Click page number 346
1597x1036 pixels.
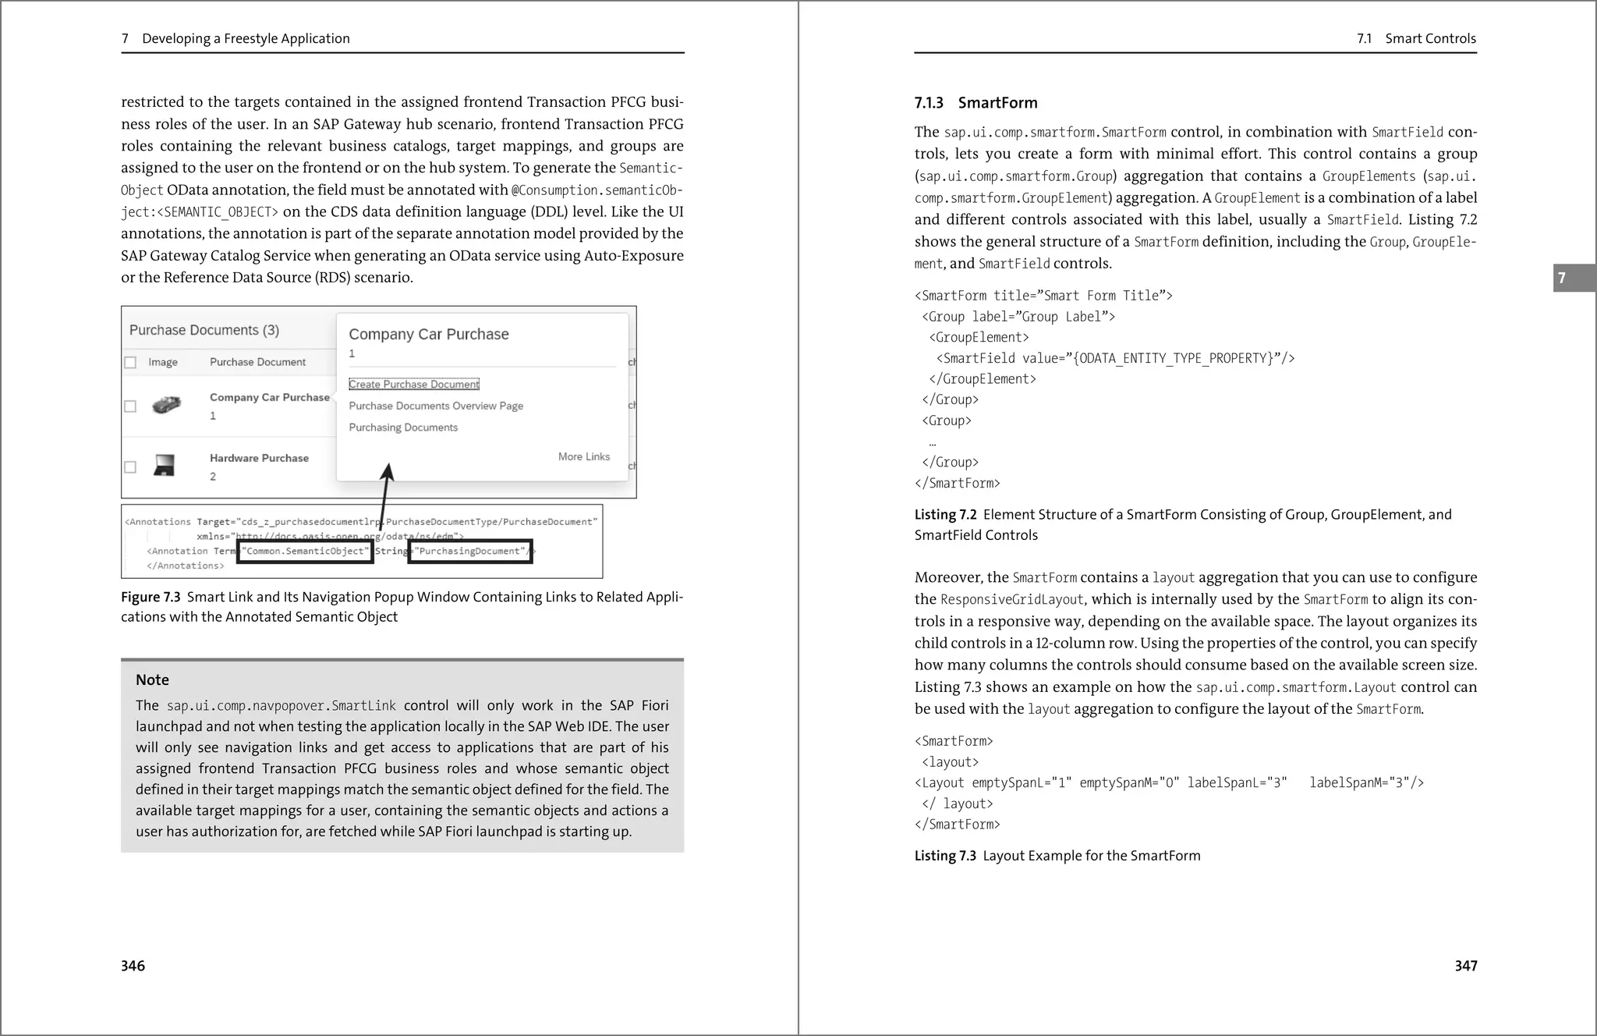pyautogui.click(x=133, y=966)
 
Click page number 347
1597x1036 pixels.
pyautogui.click(x=1465, y=966)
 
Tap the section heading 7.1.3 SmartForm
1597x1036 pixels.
pyautogui.click(x=976, y=103)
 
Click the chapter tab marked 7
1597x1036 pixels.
pyautogui.click(x=1572, y=278)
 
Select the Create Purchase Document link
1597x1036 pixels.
pyautogui.click(x=413, y=385)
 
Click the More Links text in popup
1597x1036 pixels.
pyautogui.click(x=583, y=457)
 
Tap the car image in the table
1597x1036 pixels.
pyautogui.click(x=166, y=405)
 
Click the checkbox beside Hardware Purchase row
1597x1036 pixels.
pyautogui.click(x=130, y=467)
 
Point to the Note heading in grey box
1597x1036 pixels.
pyautogui.click(x=152, y=680)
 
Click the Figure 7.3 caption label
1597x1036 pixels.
pyautogui.click(x=150, y=598)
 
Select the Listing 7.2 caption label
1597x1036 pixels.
pyautogui.click(x=945, y=515)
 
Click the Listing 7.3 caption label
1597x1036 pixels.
pyautogui.click(x=945, y=856)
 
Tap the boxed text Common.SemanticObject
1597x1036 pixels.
pyautogui.click(x=306, y=552)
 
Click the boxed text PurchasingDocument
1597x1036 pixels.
pyautogui.click(x=469, y=552)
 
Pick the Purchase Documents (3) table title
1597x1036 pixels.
pyautogui.click(x=204, y=331)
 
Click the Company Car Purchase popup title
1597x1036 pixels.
pyautogui.click(x=428, y=335)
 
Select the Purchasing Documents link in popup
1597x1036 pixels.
pyautogui.click(x=403, y=428)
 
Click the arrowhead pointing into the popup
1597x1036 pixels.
pyautogui.click(x=388, y=471)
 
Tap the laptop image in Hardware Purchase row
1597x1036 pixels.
pyautogui.click(x=164, y=466)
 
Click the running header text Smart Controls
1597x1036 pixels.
pyautogui.click(x=1430, y=39)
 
